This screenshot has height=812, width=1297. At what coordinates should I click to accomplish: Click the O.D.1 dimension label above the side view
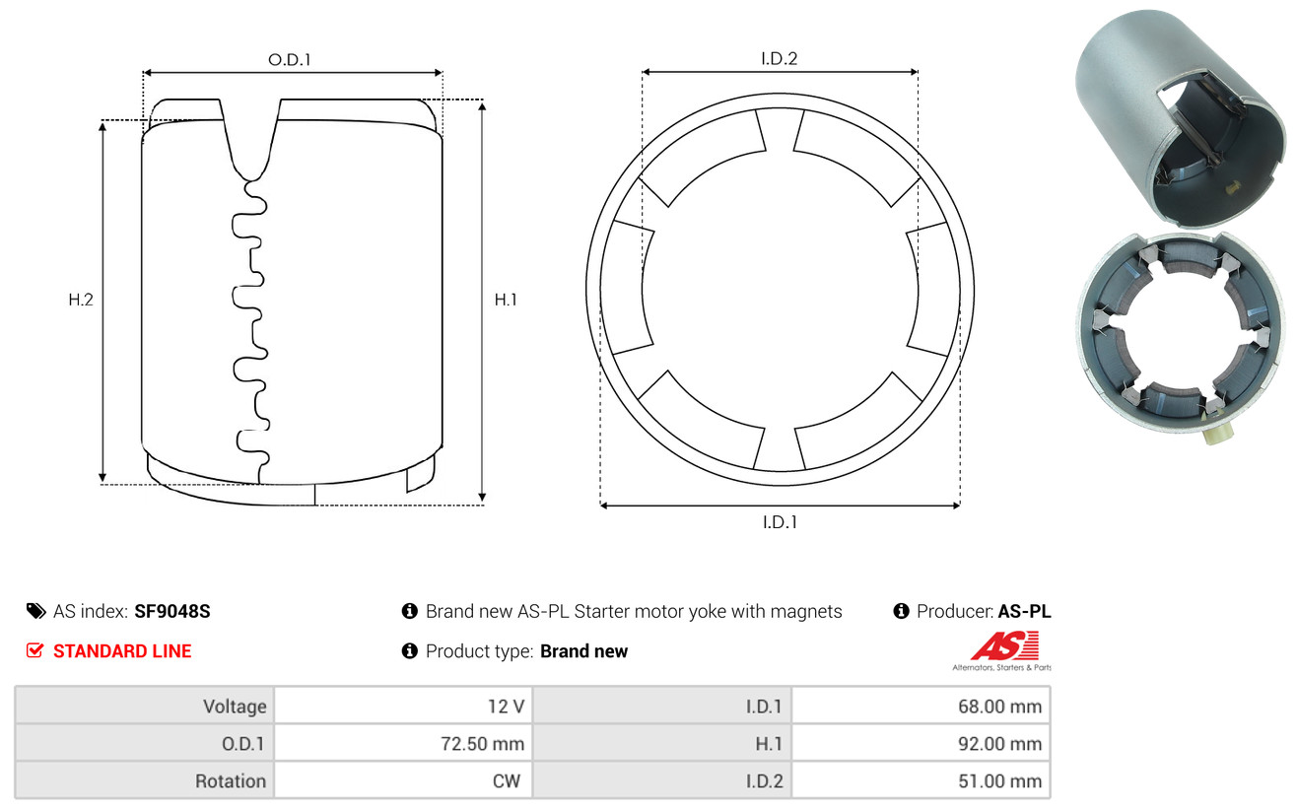290,59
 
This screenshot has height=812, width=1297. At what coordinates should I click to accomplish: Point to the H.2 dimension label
81,300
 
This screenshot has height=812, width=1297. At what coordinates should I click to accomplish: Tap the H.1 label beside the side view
506,300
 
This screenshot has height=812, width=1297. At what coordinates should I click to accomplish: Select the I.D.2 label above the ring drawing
780,58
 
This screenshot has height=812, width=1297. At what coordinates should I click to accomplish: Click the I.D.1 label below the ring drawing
780,522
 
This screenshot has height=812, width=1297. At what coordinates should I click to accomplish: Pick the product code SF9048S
171,611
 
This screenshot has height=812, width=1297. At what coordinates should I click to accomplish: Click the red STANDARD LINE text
122,651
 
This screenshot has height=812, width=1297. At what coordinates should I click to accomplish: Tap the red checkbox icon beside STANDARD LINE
34,650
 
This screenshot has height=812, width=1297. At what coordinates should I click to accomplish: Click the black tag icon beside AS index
35,611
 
